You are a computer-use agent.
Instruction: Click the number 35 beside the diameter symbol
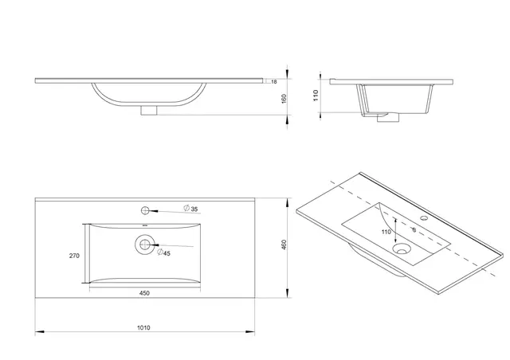point(195,209)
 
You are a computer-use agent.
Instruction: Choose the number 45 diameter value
point(167,253)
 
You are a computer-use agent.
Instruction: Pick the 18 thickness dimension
point(273,81)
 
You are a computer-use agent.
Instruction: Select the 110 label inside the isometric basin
point(386,232)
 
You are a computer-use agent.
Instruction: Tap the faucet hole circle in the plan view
point(146,210)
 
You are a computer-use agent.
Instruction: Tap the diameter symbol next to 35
point(186,209)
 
